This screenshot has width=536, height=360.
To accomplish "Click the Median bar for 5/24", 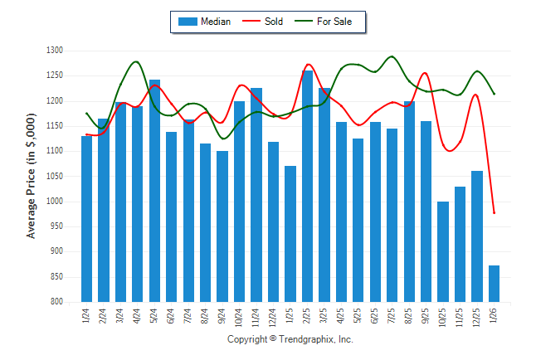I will pyautogui.click(x=154, y=191).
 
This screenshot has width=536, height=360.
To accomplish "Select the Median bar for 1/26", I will pyautogui.click(x=494, y=284).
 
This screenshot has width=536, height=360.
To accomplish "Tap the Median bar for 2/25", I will pyautogui.click(x=307, y=187).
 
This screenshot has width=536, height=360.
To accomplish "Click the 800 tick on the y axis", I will pyautogui.click(x=56, y=302).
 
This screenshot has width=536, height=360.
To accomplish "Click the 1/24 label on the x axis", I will pyautogui.click(x=87, y=316).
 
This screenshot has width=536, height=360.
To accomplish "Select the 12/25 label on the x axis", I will pyautogui.click(x=477, y=318).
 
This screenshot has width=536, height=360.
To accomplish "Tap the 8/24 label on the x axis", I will pyautogui.click(x=206, y=316).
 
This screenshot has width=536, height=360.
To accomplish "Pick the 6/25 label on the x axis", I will pyautogui.click(x=375, y=316).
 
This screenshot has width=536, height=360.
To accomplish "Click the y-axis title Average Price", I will pyautogui.click(x=32, y=178).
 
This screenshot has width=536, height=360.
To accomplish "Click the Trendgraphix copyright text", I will pyautogui.click(x=290, y=340).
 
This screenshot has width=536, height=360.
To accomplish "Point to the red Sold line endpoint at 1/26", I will pyautogui.click(x=494, y=213).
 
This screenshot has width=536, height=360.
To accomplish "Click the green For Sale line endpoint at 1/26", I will pyautogui.click(x=494, y=94).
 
